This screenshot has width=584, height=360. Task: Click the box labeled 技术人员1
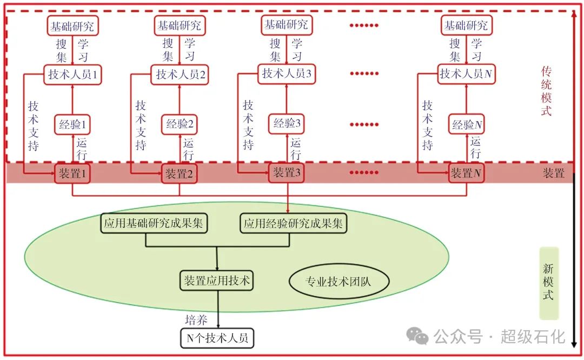tap(72, 75)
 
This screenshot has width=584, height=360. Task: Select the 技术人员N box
tap(466, 74)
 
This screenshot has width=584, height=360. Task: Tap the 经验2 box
tap(179, 124)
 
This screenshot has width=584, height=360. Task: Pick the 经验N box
tap(466, 124)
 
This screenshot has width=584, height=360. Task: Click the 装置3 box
tap(287, 173)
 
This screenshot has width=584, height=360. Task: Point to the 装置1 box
tap(72, 173)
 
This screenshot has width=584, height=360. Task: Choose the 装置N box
tap(466, 173)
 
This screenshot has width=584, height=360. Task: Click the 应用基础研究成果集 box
tap(154, 223)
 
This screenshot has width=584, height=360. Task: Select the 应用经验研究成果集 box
tap(294, 223)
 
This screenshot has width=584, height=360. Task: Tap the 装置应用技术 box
tap(217, 281)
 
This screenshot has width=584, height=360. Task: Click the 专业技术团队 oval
tap(339, 281)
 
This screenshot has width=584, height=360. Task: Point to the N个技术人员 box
tap(217, 338)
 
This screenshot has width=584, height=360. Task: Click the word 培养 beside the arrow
tap(196, 320)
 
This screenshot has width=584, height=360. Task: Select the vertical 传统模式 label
tap(546, 90)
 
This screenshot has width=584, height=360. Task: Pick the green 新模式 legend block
tap(549, 283)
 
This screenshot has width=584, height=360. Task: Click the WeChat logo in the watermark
tap(417, 336)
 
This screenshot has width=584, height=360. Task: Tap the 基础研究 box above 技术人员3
tap(287, 25)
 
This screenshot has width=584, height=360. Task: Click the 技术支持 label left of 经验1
tap(34, 125)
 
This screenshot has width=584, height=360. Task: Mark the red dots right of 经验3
tap(364, 124)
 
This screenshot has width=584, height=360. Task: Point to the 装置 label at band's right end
tap(554, 173)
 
